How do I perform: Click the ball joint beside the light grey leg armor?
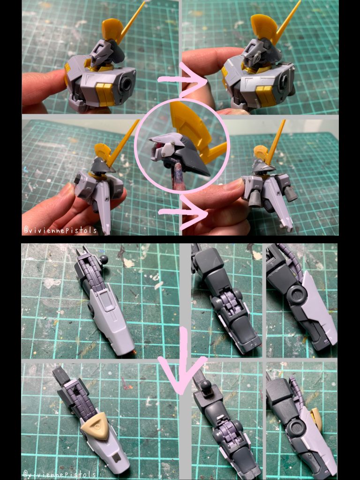tap(103, 260)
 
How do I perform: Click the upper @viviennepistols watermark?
tap(60, 230)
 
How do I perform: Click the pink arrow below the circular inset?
tap(183, 212)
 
